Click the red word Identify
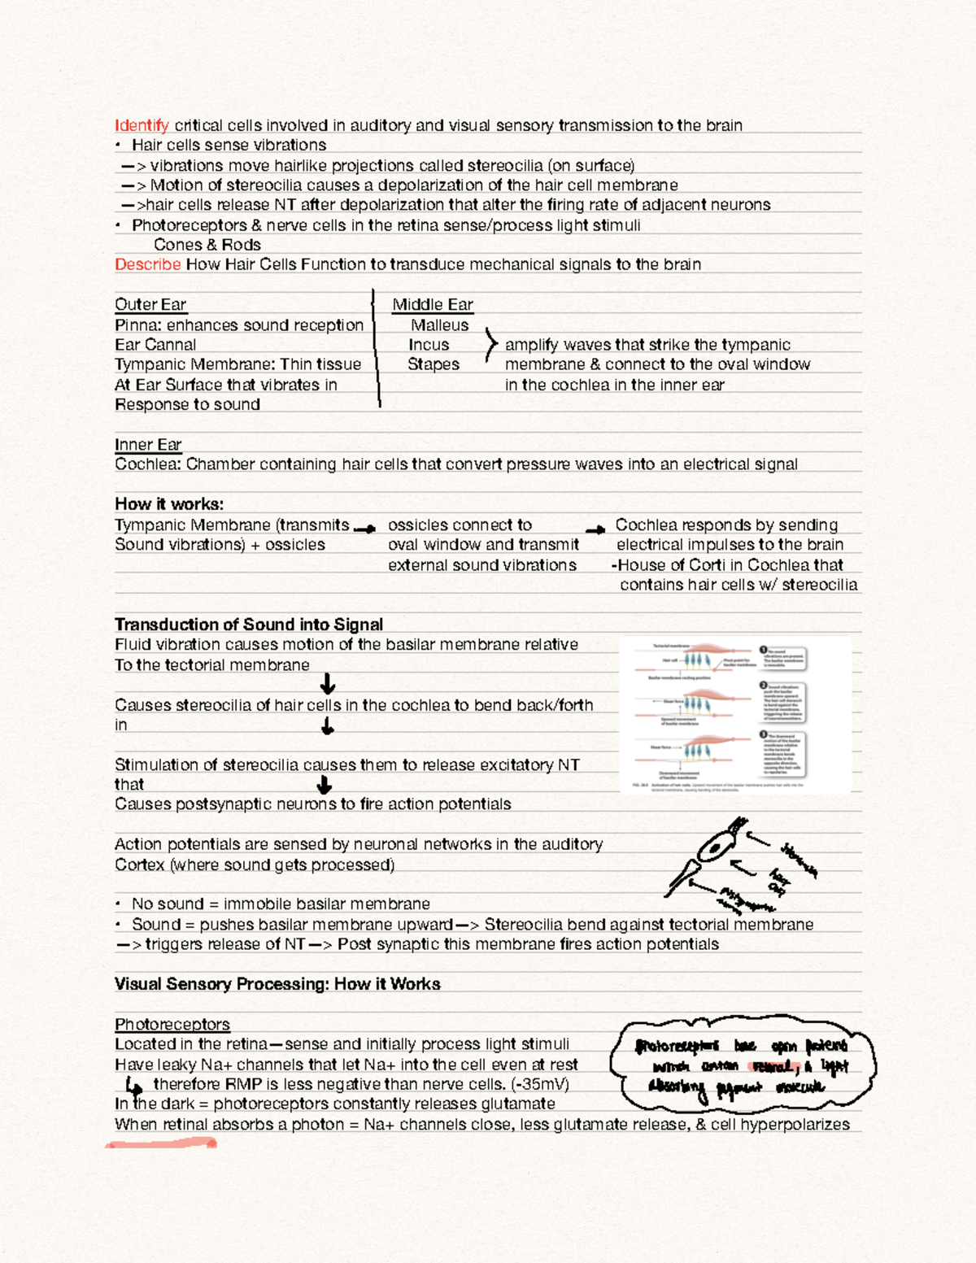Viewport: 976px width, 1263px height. (x=142, y=125)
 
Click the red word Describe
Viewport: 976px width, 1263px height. (x=147, y=264)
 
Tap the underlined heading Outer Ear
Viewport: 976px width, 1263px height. (x=150, y=304)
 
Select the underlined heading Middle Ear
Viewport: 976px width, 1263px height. (x=432, y=304)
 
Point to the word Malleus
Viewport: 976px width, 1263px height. (x=439, y=324)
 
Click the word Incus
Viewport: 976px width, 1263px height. (x=429, y=345)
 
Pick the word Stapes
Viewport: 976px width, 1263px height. (x=433, y=364)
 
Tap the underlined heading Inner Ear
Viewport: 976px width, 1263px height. (x=148, y=444)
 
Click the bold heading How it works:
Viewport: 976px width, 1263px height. (x=168, y=503)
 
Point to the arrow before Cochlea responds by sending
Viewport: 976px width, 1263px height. (x=595, y=529)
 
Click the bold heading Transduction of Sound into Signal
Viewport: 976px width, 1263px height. (x=248, y=624)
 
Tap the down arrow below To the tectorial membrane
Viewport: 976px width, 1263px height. (x=328, y=683)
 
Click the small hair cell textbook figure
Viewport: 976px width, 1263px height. (x=734, y=715)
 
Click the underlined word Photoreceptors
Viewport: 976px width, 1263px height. (x=172, y=1024)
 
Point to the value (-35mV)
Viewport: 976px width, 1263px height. (x=540, y=1084)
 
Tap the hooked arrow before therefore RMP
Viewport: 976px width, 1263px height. (x=133, y=1086)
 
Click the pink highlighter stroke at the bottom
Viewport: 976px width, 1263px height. (x=161, y=1144)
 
